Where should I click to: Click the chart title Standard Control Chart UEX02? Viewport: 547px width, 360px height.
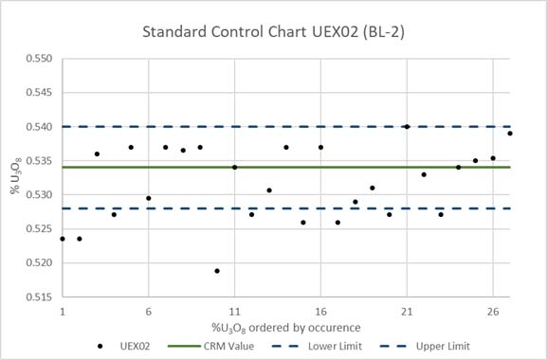click(x=273, y=31)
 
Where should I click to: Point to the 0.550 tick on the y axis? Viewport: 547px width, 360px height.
click(x=38, y=59)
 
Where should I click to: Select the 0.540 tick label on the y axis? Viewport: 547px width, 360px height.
click(x=38, y=127)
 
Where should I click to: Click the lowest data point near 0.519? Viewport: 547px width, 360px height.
click(x=217, y=271)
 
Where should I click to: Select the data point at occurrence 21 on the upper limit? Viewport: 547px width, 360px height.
click(x=407, y=126)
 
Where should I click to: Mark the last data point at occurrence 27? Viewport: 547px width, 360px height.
click(x=510, y=134)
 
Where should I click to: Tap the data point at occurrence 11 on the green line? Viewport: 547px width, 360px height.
click(x=234, y=167)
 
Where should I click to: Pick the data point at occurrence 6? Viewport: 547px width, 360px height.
click(x=149, y=198)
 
